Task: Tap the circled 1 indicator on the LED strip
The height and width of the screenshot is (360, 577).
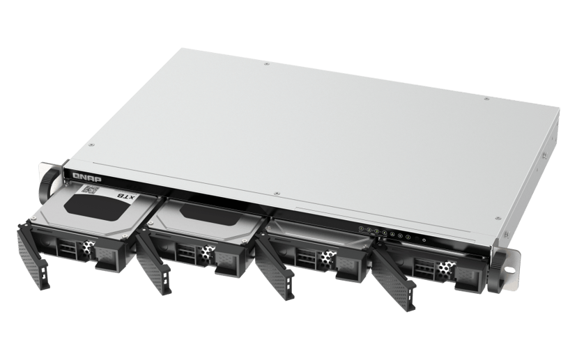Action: point(360,228)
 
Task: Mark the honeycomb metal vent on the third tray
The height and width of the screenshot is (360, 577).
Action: point(326,260)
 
